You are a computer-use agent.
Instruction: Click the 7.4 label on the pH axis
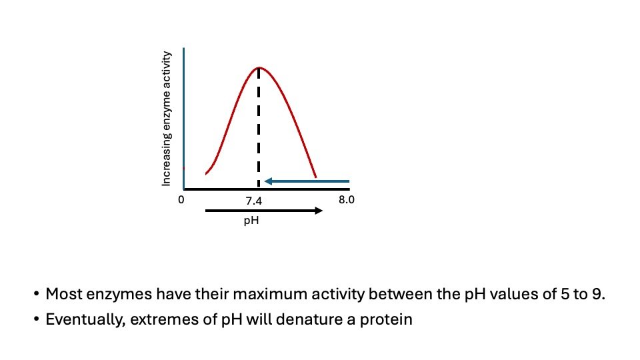click(253, 201)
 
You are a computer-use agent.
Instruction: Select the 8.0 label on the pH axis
click(347, 199)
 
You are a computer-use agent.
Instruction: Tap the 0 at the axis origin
click(181, 199)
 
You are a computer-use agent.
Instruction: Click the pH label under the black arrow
click(251, 221)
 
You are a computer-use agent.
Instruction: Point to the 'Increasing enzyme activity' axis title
click(166, 119)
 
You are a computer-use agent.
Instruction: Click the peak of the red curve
click(259, 68)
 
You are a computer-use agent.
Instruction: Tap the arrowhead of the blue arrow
click(268, 181)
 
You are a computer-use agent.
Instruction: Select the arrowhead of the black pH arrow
click(319, 211)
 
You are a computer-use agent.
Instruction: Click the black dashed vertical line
click(259, 127)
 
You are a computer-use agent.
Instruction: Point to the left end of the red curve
click(206, 174)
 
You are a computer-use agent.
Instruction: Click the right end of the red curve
click(316, 177)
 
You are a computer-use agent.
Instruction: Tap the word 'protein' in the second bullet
click(386, 319)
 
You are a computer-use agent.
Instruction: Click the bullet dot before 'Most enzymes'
click(37, 294)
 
